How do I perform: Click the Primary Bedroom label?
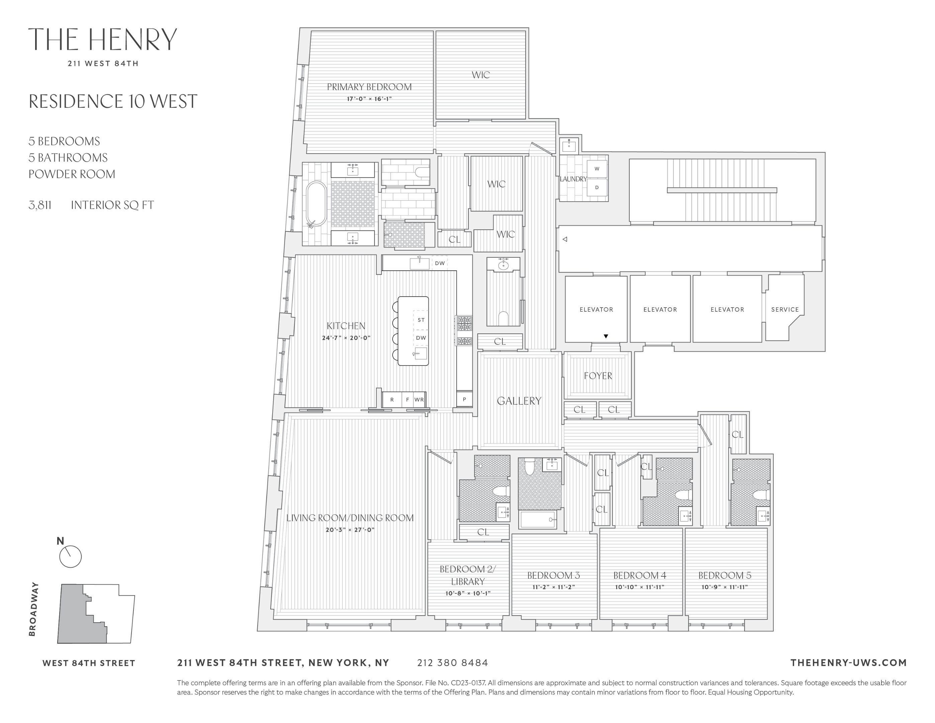[x=369, y=87]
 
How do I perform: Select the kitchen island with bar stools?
[x=413, y=331]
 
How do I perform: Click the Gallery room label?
[x=519, y=401]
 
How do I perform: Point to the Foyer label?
[x=598, y=376]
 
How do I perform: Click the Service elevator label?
[x=785, y=309]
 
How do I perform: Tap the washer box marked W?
[x=597, y=169]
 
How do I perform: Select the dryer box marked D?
[x=597, y=187]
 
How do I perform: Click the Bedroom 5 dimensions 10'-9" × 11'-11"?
[x=724, y=587]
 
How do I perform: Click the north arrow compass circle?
[x=70, y=557]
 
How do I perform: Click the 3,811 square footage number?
[x=40, y=205]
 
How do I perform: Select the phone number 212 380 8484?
[x=453, y=663]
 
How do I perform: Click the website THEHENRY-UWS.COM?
[x=848, y=663]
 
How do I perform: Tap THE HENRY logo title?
[x=102, y=39]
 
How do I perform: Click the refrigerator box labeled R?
[x=392, y=400]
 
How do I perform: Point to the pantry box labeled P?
[x=464, y=400]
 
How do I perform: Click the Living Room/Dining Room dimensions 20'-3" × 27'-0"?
[x=350, y=530]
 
